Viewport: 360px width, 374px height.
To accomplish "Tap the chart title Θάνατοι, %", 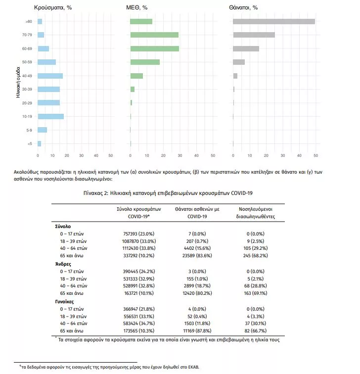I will click(243, 7).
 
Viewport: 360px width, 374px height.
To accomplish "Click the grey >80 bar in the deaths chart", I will click(273, 21).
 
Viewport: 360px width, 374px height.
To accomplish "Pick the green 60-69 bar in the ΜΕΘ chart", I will click(154, 48).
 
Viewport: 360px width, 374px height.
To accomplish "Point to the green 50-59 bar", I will click(144, 62).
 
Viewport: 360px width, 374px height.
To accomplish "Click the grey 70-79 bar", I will click(254, 35).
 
